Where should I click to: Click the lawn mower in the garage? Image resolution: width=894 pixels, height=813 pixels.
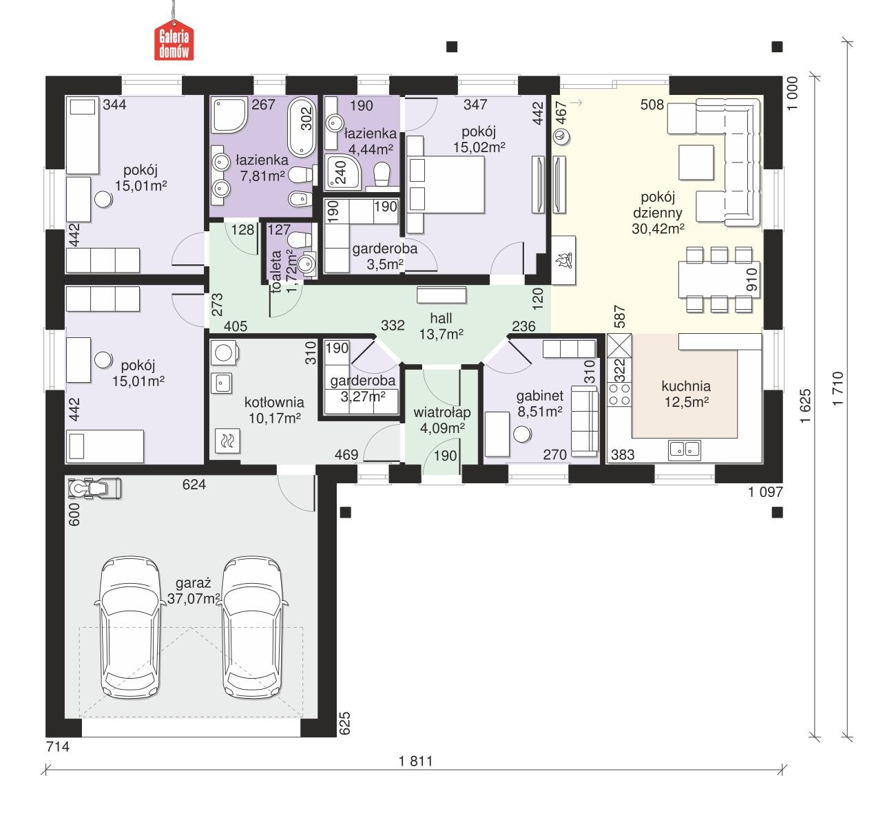pos(94,488)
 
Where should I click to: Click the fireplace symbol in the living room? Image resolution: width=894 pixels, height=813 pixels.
pos(563,261)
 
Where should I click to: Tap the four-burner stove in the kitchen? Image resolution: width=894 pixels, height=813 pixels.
pos(618,394)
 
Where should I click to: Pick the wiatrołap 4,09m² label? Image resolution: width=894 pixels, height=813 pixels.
pos(441,420)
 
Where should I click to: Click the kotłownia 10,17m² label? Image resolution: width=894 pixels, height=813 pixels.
pos(274,410)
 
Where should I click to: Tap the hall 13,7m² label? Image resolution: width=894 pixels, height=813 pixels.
pos(441,326)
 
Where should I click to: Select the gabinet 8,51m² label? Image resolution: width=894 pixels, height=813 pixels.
pos(540,403)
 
